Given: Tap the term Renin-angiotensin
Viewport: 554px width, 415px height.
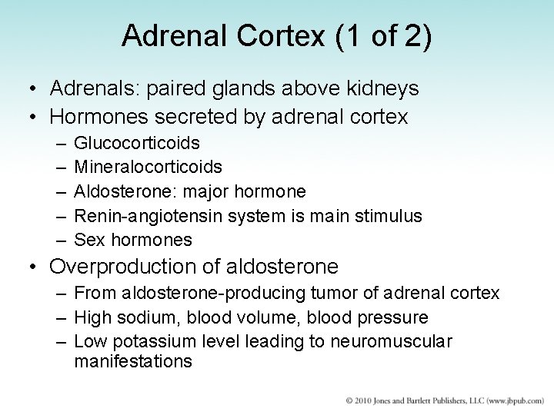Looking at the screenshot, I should tap(142, 216).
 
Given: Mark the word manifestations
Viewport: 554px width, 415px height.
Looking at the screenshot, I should tap(133, 360).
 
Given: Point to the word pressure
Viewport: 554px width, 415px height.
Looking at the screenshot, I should tap(392, 317).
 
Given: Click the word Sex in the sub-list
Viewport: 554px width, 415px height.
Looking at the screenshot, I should tap(88, 240).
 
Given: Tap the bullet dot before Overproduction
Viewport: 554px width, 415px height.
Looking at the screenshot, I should tap(32, 267).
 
